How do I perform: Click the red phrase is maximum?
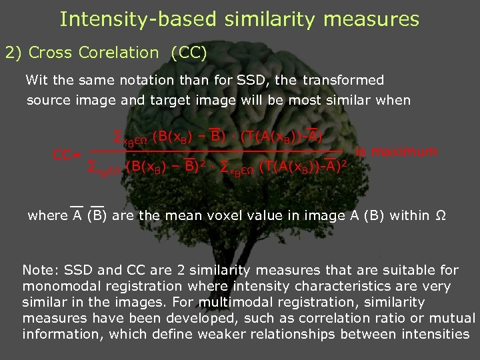tap(397, 151)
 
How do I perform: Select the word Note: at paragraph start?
tap(41, 271)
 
